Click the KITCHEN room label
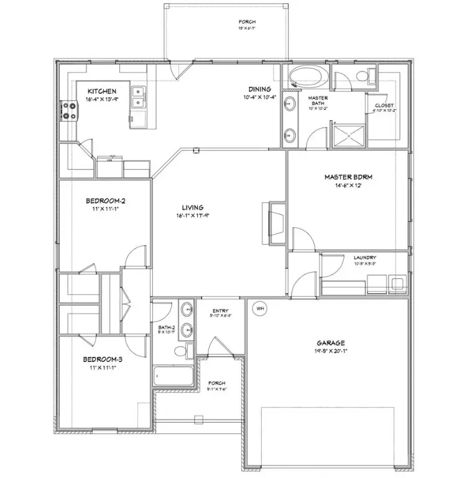[x=101, y=91]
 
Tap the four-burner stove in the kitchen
[x=69, y=111]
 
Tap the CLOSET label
[x=384, y=106]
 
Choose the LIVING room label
[x=192, y=208]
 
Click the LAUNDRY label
[x=365, y=257]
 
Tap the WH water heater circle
[x=259, y=307]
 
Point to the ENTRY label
[x=221, y=311]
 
